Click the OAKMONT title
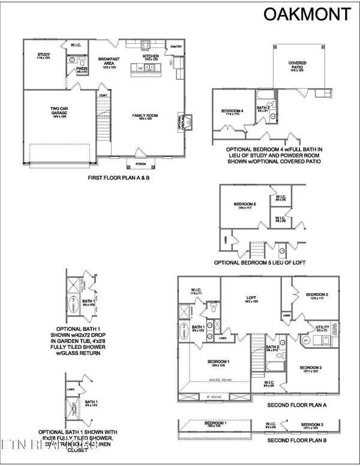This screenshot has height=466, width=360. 308,14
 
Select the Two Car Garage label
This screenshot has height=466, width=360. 58,110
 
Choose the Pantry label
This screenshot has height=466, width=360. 176,47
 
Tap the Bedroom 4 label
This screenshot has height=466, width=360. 233,111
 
